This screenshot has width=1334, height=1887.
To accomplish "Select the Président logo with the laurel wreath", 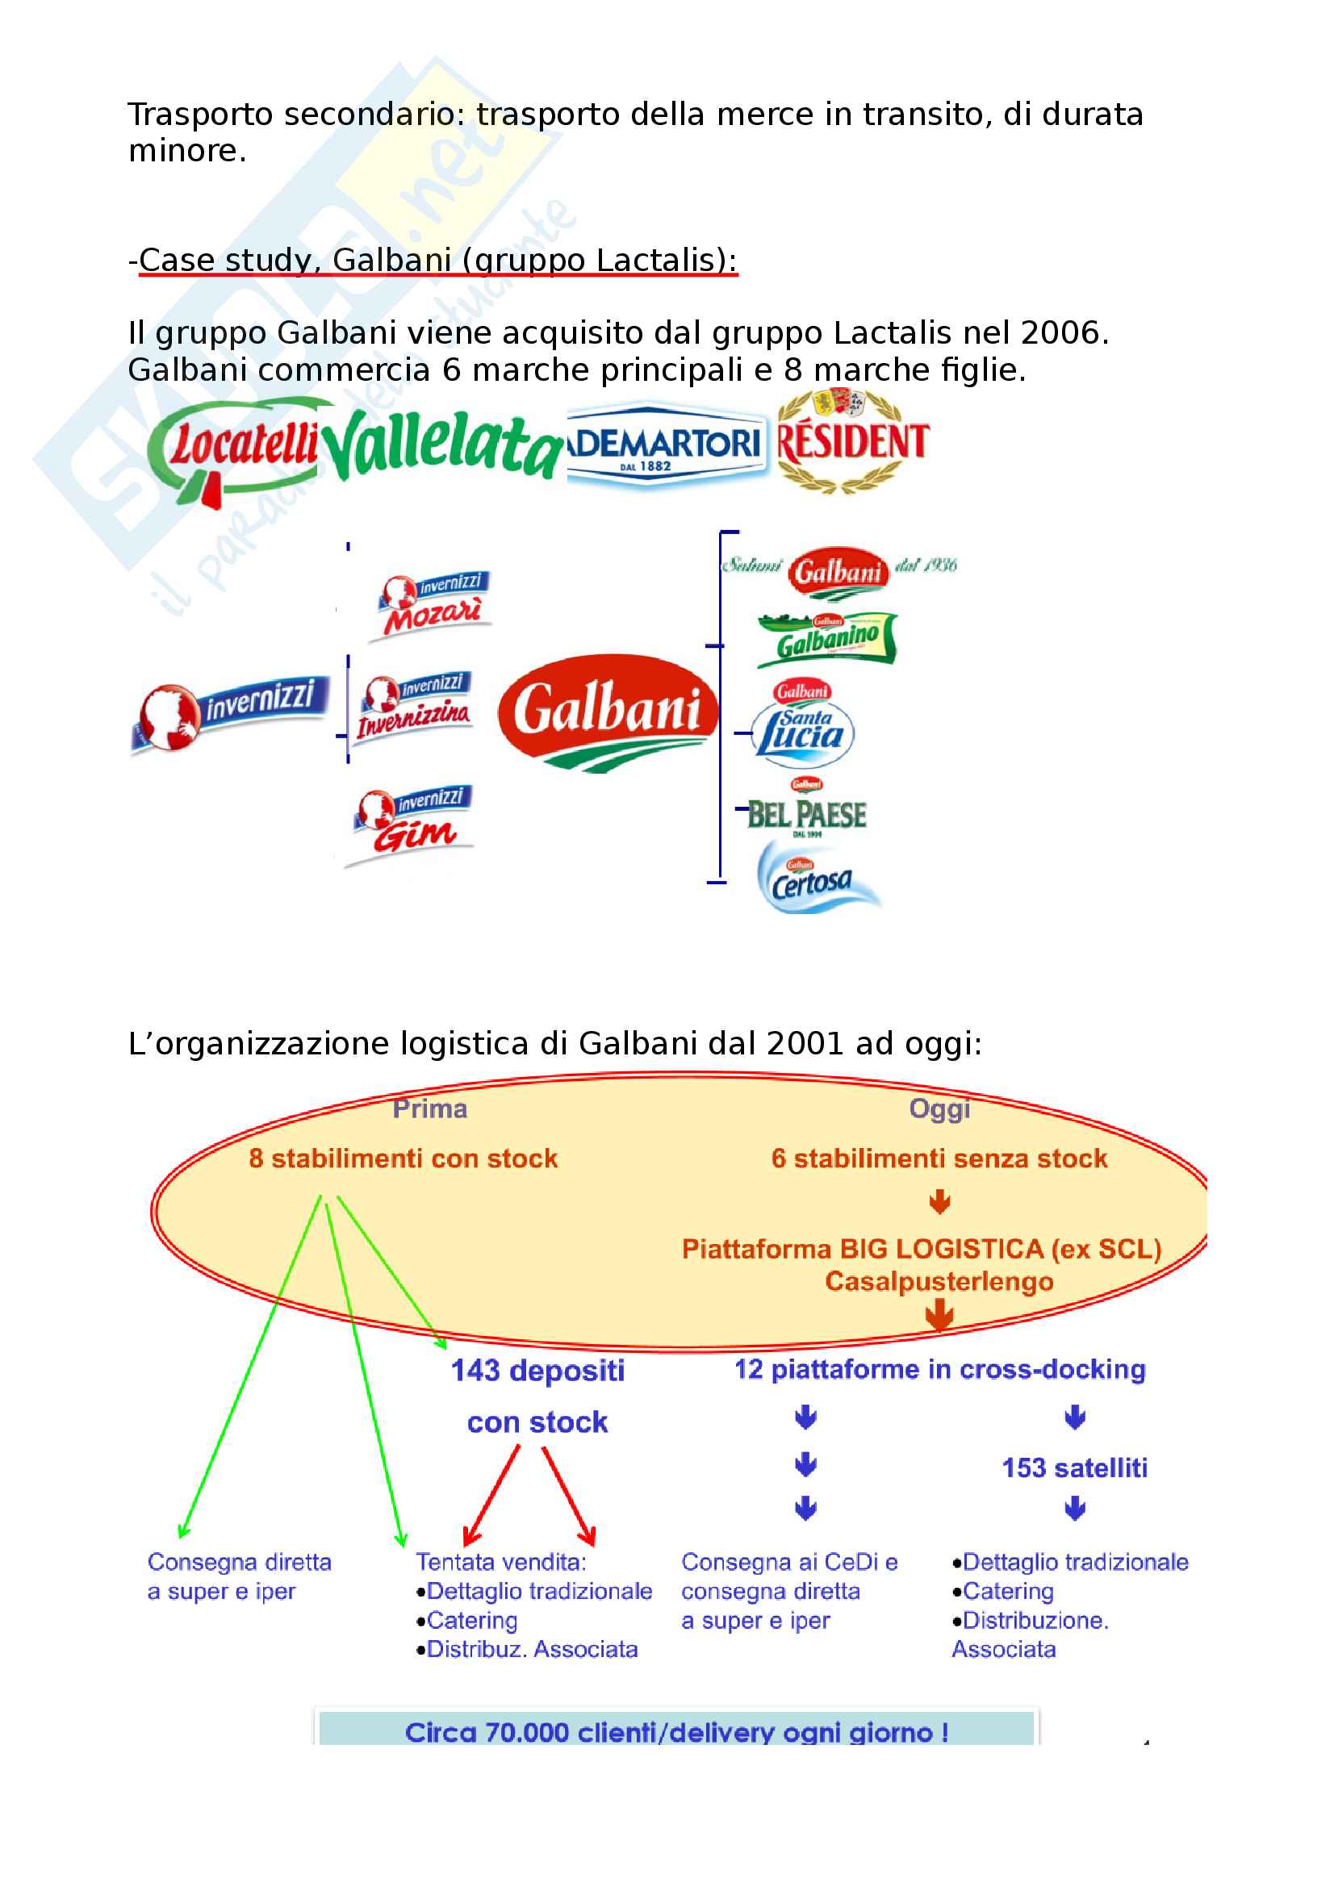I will point(852,441).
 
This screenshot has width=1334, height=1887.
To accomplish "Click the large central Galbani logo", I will point(608,711).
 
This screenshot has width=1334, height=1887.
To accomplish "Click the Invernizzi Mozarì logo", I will point(433,605).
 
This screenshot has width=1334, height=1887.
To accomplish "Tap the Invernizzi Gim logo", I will point(412,822).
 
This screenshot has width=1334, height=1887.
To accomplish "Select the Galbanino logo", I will point(826,639).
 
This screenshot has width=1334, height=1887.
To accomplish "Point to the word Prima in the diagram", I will point(430,1108).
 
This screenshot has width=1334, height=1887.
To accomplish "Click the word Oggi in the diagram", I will point(939,1108).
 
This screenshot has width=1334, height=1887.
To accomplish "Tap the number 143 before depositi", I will point(475,1370).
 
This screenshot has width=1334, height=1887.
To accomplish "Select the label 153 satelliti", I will point(1074,1467).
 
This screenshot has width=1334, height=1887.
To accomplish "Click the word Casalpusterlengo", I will point(939,1281).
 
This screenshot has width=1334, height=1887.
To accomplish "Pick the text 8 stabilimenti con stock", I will point(403,1158).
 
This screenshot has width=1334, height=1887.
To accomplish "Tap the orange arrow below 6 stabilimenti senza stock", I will point(939,1202).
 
